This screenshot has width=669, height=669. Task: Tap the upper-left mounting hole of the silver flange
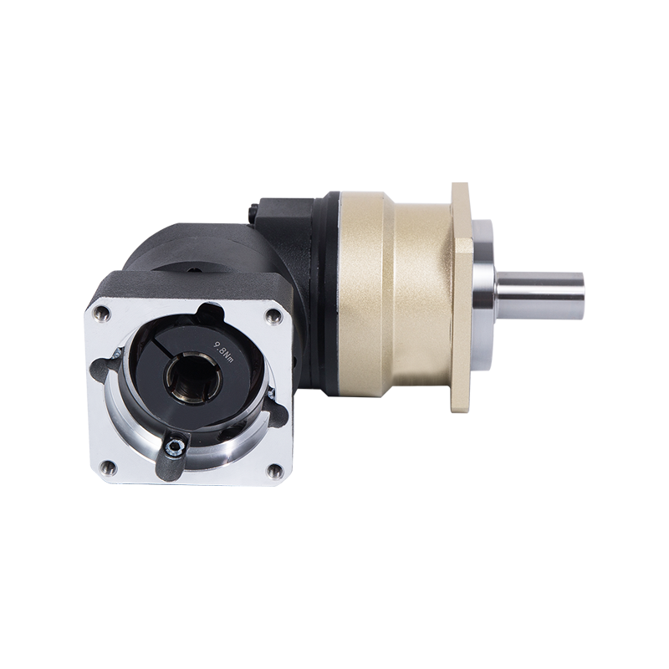pos(101,314)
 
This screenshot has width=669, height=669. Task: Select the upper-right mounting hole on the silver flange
pos(273,316)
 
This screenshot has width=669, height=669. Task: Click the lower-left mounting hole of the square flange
pos(108,467)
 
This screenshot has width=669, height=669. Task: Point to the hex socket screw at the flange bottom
pos(175,447)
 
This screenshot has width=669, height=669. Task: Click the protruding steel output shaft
pos(539,292)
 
